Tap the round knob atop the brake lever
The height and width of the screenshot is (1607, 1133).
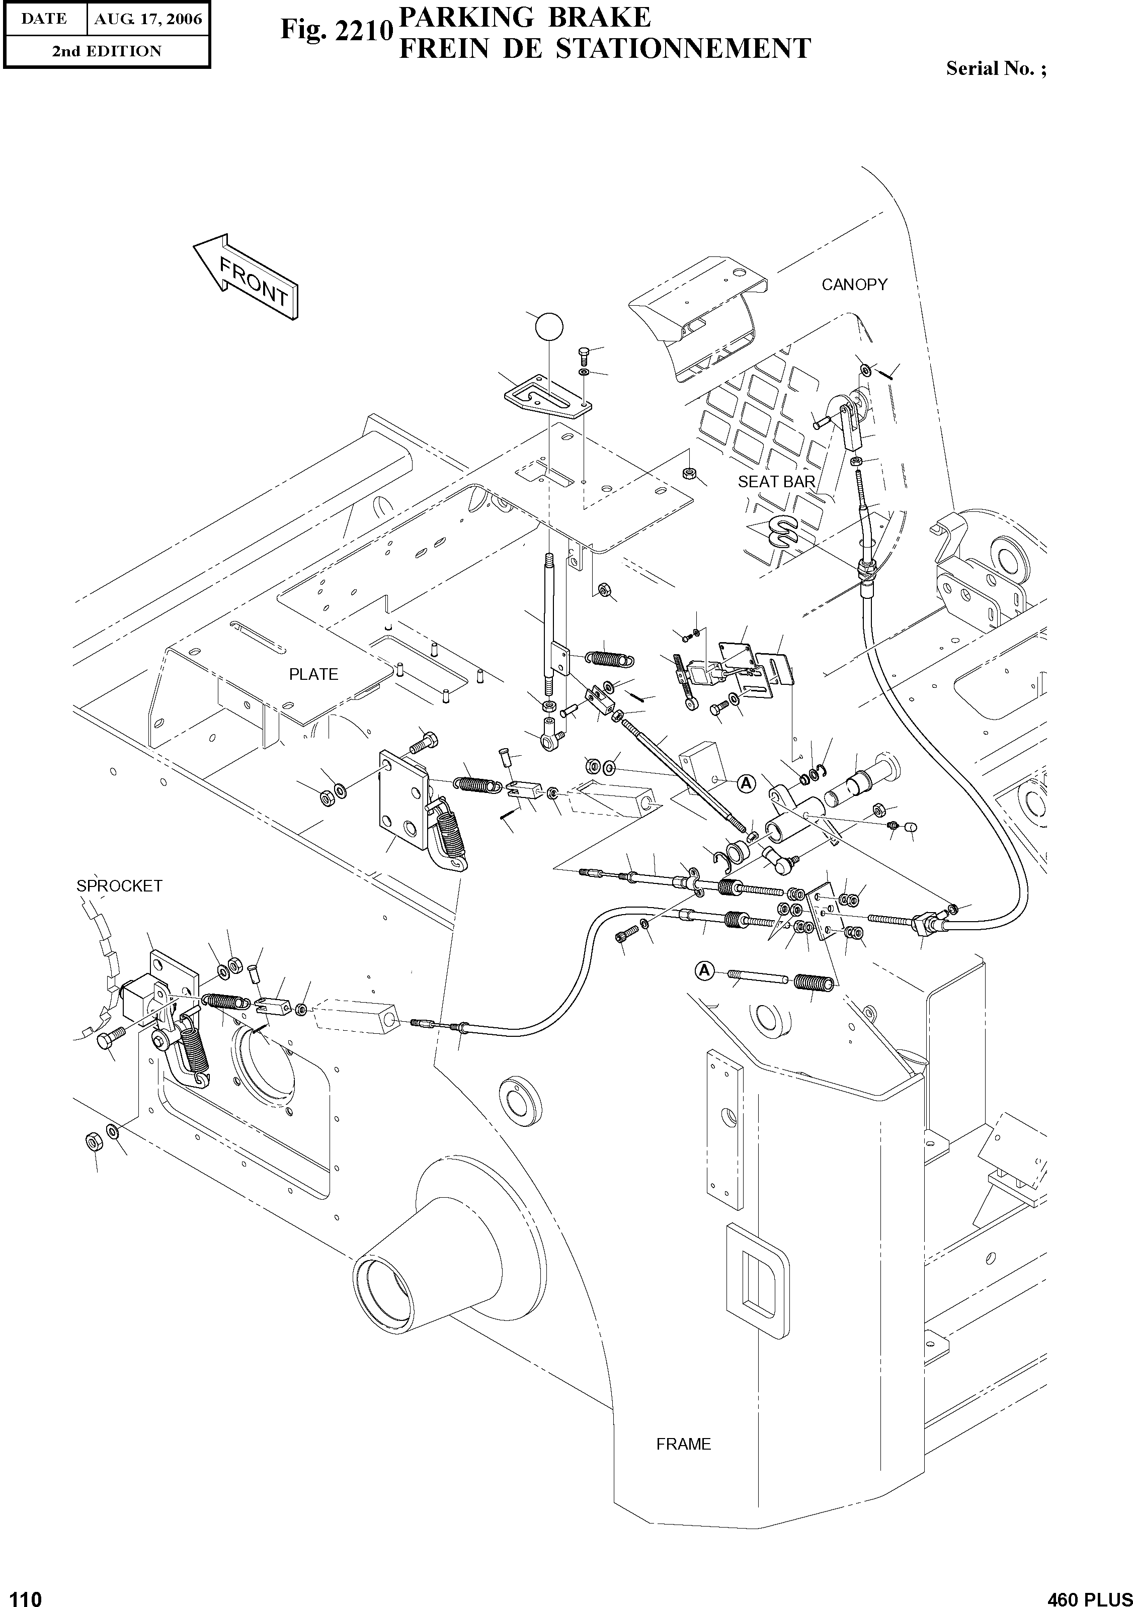click(x=548, y=327)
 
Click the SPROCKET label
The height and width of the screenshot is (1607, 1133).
click(x=119, y=886)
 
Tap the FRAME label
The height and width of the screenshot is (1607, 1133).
click(x=683, y=1444)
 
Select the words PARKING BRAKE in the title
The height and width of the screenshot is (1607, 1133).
click(x=524, y=17)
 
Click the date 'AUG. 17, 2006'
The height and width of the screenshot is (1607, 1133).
click(x=148, y=19)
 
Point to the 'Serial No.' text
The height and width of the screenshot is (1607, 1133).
click(x=996, y=68)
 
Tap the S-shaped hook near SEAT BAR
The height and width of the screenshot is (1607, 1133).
click(x=783, y=531)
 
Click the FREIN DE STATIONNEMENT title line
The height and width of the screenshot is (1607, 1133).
click(x=604, y=49)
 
